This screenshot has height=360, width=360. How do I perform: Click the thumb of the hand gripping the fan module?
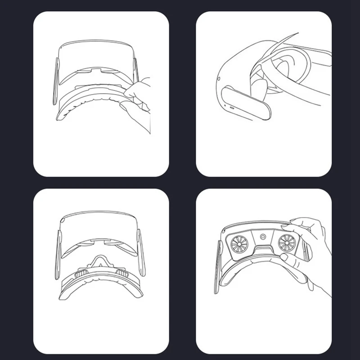284,257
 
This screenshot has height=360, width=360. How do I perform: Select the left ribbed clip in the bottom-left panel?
81,273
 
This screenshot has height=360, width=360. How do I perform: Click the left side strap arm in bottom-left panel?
58,252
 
